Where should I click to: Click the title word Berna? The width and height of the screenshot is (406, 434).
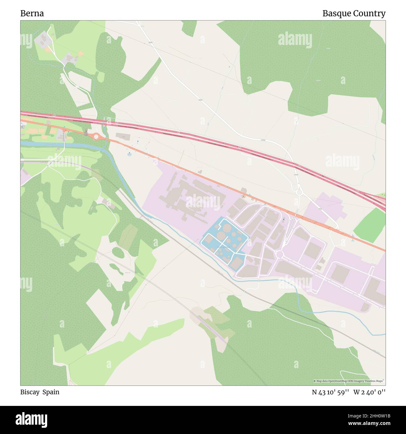tap(32, 13)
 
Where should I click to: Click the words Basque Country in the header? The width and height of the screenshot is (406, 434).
tap(354, 13)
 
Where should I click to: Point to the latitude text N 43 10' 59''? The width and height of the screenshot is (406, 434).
tap(331, 392)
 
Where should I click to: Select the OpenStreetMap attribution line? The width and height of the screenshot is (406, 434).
tap(349, 381)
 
